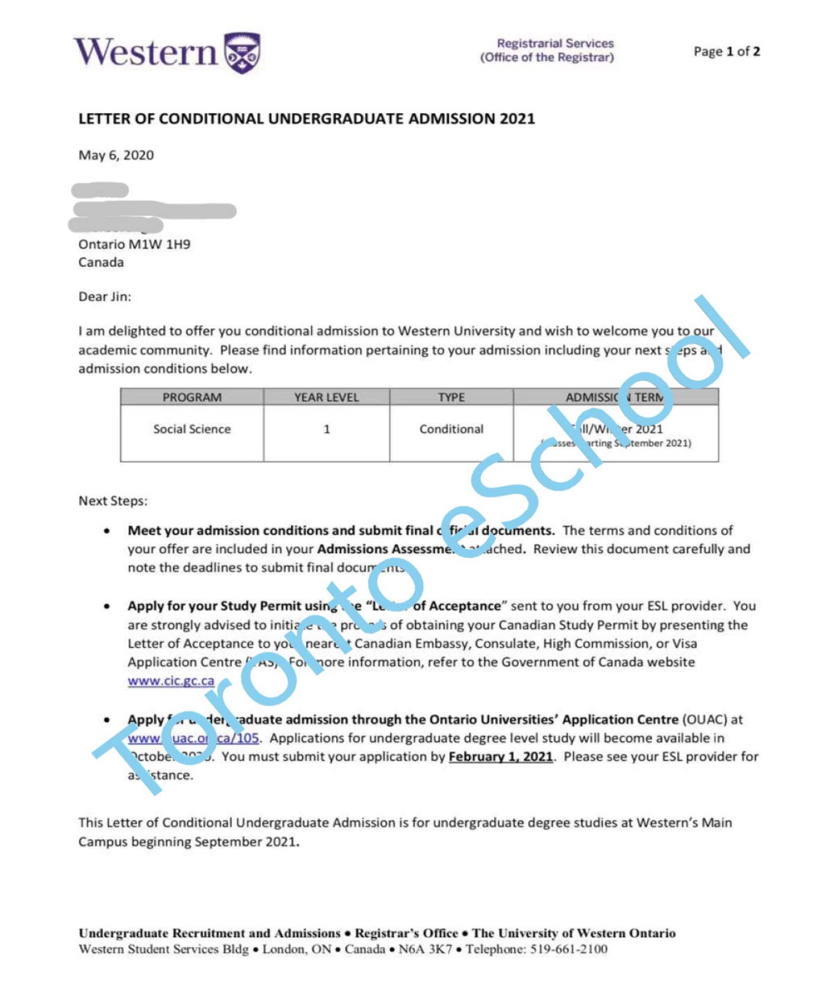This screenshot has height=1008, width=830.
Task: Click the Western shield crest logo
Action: (242, 53)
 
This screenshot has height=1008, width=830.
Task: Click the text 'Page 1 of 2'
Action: (726, 52)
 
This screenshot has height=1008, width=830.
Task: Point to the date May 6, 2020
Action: (116, 155)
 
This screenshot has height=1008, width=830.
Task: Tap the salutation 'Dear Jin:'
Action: (105, 296)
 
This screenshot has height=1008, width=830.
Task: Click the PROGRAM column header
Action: (192, 397)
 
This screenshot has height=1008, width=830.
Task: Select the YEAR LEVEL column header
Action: (327, 397)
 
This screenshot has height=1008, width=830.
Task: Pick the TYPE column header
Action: (451, 397)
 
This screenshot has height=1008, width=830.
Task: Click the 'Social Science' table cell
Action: (192, 429)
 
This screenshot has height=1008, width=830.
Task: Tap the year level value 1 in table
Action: (327, 429)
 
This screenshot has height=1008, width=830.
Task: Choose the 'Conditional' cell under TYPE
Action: (451, 429)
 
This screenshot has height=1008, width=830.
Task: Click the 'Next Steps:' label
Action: (113, 501)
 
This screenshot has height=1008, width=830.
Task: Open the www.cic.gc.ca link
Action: (171, 681)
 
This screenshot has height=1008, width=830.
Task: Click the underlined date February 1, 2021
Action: (500, 757)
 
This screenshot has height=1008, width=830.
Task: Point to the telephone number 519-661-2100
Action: (569, 949)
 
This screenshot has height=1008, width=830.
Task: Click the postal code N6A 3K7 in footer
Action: (425, 949)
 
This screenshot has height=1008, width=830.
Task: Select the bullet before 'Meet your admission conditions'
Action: (107, 531)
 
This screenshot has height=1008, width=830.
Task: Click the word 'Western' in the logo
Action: (146, 52)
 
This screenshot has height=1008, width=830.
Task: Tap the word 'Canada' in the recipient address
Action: (101, 263)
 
